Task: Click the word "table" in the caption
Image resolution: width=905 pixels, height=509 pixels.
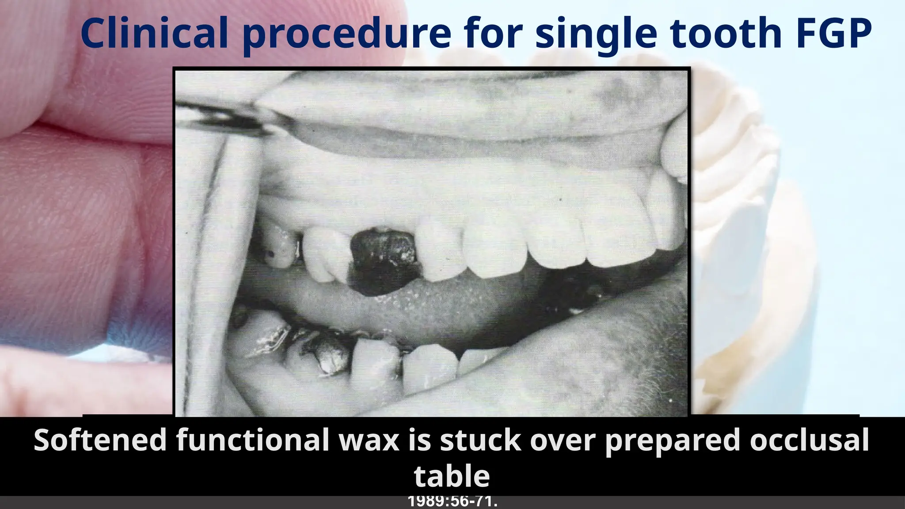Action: coord(452,476)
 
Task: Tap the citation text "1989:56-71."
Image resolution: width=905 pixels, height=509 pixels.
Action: coord(452,502)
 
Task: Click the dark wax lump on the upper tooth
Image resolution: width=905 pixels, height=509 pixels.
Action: coord(384,261)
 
